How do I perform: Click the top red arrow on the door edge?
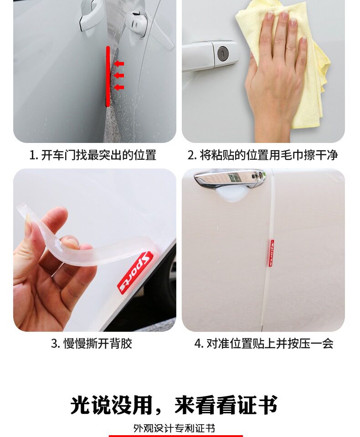click(119, 64)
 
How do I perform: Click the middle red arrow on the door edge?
click(119, 75)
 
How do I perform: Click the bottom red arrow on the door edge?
click(119, 87)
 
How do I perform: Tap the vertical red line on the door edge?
click(108, 76)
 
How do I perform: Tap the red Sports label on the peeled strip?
click(135, 272)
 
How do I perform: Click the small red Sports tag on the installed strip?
click(271, 253)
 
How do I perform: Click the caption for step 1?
click(93, 155)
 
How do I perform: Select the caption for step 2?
click(262, 155)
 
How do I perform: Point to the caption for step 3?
click(92, 343)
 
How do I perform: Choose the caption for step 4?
click(264, 343)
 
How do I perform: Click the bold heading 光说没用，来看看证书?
click(174, 405)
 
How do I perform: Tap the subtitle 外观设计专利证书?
click(174, 428)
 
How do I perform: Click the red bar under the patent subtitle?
click(176, 436)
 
